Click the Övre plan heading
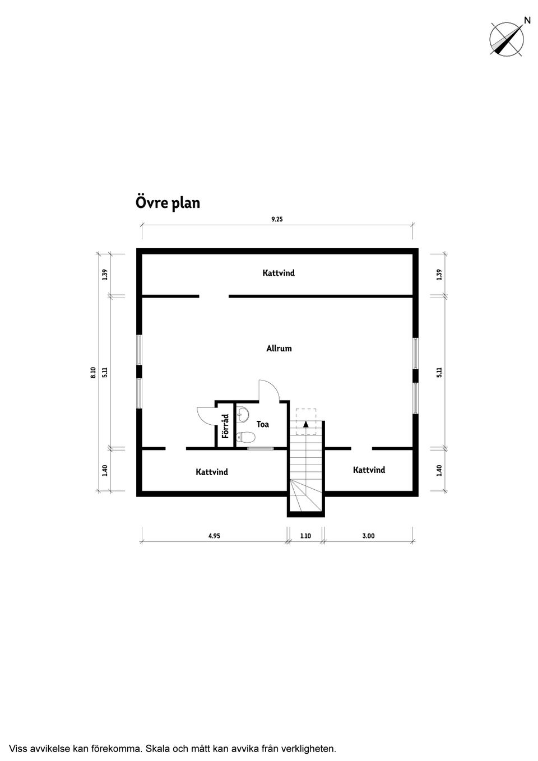point(168,203)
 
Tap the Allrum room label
point(279,349)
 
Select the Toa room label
point(262,424)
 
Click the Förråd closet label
point(225,426)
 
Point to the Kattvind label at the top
point(279,273)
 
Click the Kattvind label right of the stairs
point(369,470)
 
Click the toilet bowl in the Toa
point(245,438)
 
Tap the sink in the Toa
point(243,415)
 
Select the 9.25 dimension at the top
point(277,220)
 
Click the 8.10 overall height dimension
point(94,373)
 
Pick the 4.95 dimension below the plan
point(214,536)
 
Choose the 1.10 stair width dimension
point(305,536)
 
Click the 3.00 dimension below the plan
point(369,536)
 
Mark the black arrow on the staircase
point(305,424)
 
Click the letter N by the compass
point(527,21)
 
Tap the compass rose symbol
point(507,39)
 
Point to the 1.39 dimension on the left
point(105,275)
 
